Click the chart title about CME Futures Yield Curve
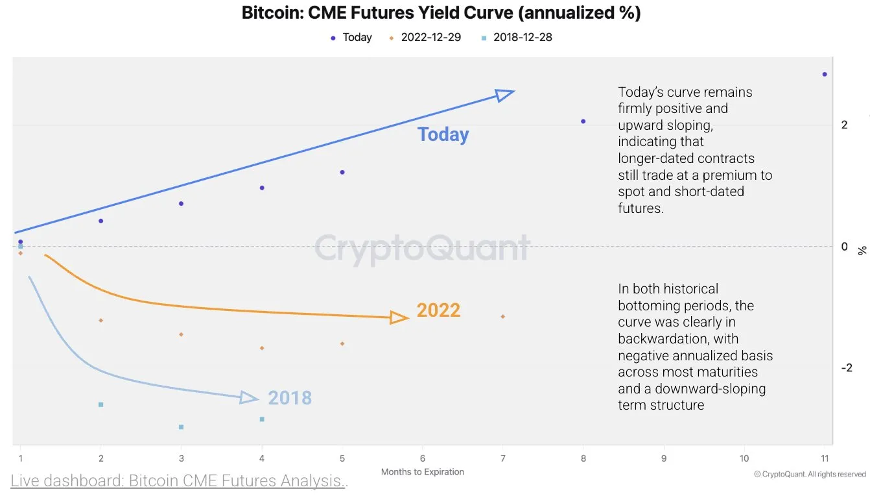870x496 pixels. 441,13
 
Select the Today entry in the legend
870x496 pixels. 351,38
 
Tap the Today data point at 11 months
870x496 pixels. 825,75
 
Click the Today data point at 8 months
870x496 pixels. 583,121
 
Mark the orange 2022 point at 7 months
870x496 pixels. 503,317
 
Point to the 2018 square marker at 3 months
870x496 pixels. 181,427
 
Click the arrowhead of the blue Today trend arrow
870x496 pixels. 505,95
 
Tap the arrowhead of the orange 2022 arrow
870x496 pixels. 399,317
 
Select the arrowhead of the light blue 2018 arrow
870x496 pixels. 250,398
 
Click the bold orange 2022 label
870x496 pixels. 438,310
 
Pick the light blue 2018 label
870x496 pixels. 290,398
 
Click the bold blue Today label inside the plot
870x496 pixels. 443,134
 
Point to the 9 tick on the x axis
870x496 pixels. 664,458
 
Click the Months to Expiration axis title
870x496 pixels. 423,472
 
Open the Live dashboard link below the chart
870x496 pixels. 179,481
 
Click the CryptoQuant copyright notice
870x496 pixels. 810,475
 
